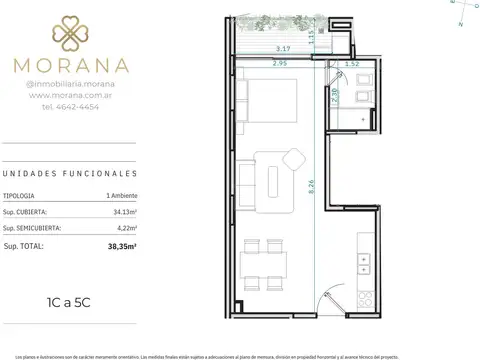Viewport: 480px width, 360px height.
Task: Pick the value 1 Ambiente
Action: tap(125, 194)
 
